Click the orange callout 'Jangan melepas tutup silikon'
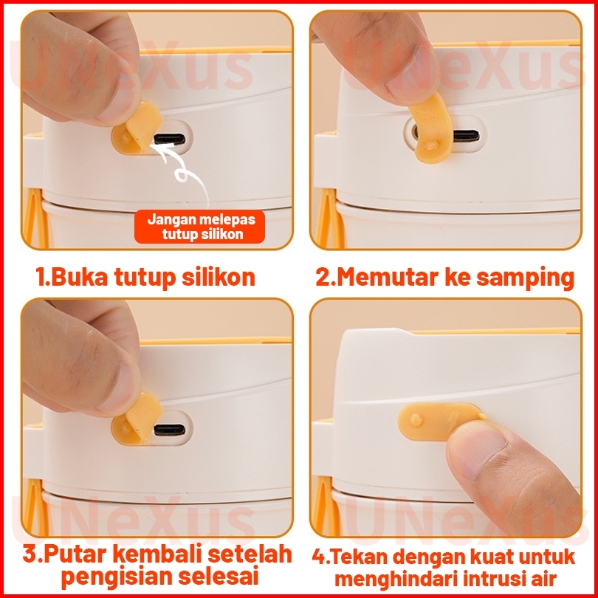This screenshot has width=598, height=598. [199, 227]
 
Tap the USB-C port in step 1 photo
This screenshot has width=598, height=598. [169, 139]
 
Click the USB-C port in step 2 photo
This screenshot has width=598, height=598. [466, 136]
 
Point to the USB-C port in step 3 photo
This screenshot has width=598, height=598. [169, 430]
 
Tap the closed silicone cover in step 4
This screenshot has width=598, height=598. [439, 422]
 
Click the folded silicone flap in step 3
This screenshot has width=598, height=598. [139, 419]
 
